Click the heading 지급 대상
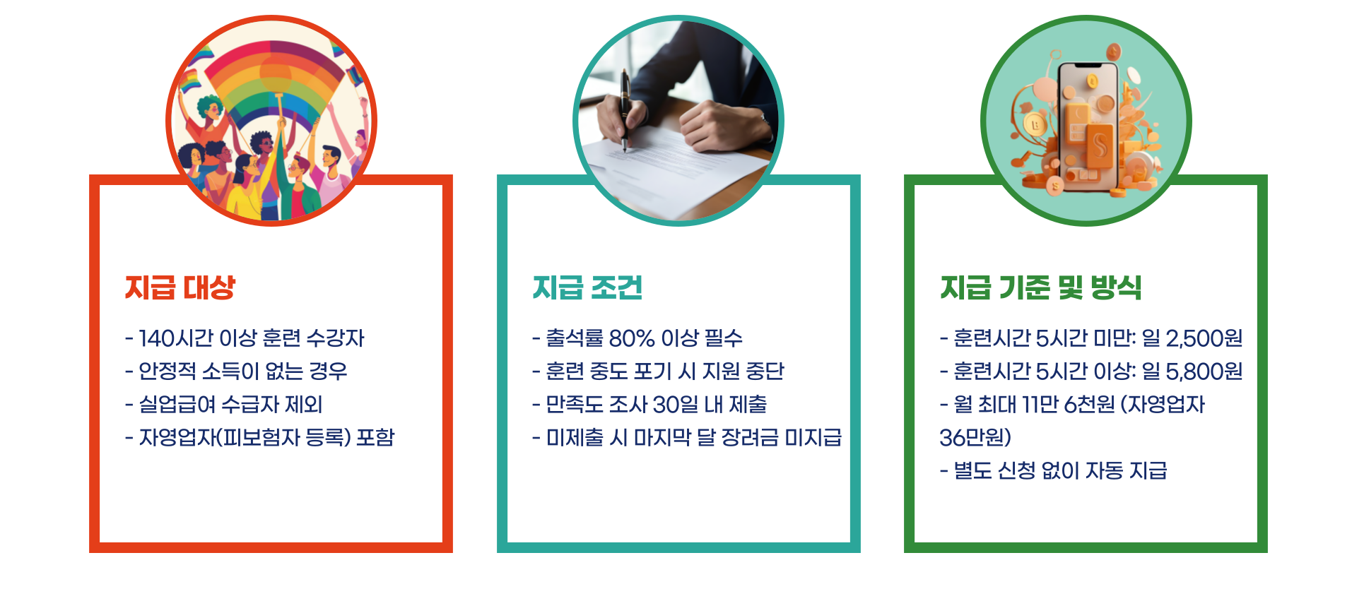pyautogui.click(x=180, y=287)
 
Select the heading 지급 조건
pyautogui.click(x=587, y=287)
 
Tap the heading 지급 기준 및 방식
pyautogui.click(x=1040, y=287)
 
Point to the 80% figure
pyautogui.click(x=632, y=338)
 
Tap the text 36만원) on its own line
pyautogui.click(x=975, y=438)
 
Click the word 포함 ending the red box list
pyautogui.click(x=375, y=438)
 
